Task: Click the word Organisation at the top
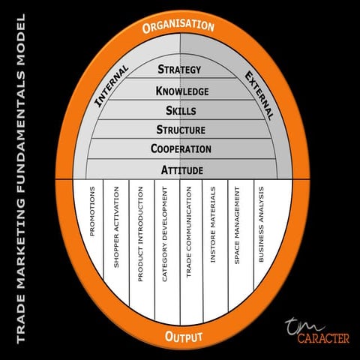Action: tap(178, 26)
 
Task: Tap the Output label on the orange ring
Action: tap(184, 337)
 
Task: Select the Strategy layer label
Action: tap(179, 69)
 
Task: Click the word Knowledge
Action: tap(182, 91)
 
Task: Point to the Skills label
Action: tap(181, 110)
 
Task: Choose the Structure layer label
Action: tap(181, 130)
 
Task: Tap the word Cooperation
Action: tap(181, 148)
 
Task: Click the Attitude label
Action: tap(182, 170)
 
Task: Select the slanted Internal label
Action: tap(112, 86)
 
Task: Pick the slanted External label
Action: tap(259, 96)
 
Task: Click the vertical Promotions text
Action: tap(92, 211)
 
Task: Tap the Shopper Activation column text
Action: tap(116, 227)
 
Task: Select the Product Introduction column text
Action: tap(140, 234)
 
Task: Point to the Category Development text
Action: tap(164, 234)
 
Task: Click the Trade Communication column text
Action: tap(188, 232)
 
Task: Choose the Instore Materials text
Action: tap(213, 224)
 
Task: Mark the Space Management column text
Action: tap(237, 225)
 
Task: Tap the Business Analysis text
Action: tap(261, 224)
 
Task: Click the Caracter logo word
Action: tap(323, 338)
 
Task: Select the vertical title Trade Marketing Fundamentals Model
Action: tap(21, 178)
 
